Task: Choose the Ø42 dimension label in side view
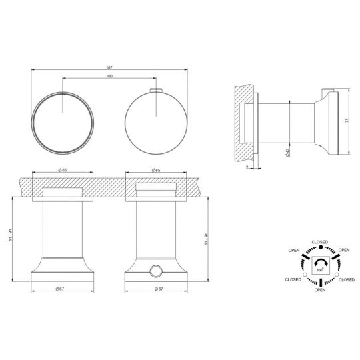(x=287, y=152)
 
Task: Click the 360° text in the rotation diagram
(x=319, y=270)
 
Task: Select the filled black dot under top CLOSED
(x=319, y=248)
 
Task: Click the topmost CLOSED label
(x=319, y=241)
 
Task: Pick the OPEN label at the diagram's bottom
(x=319, y=290)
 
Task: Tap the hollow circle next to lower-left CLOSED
(x=305, y=274)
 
